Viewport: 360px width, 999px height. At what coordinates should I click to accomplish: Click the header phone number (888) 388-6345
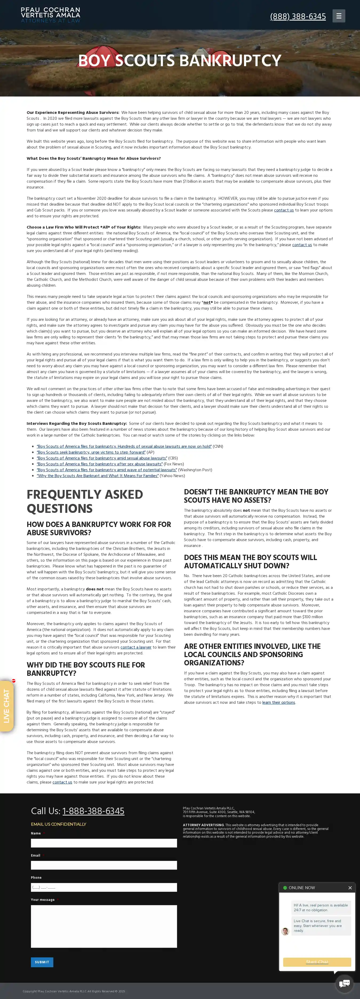tap(298, 16)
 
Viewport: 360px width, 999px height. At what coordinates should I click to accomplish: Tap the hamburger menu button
tap(339, 16)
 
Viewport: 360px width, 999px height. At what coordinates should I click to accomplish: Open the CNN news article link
tap(124, 446)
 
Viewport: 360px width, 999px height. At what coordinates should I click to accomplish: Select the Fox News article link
tap(100, 464)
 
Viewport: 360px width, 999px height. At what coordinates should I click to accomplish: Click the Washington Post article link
tap(107, 470)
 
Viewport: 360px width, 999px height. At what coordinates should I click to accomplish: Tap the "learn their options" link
tap(279, 702)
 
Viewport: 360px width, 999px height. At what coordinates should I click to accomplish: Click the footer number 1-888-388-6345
tap(93, 811)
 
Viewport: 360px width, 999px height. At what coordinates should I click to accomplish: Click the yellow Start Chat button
tap(317, 962)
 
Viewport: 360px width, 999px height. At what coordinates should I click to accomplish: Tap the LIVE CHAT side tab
tap(7, 706)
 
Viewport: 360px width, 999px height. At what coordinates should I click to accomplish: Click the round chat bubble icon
tap(344, 983)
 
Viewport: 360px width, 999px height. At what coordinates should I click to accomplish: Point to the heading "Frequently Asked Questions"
tap(85, 501)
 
